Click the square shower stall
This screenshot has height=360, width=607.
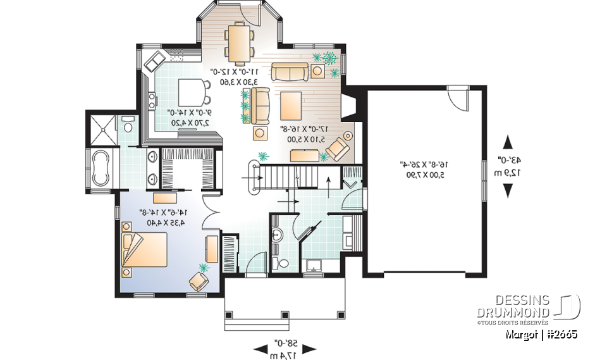coord(102,130)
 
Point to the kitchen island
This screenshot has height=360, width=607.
coord(192,93)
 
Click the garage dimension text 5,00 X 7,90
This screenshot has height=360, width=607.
coord(422,172)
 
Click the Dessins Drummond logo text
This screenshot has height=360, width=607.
coord(513,306)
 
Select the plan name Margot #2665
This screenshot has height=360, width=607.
coord(541,334)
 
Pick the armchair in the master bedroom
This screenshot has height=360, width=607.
coord(200,279)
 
